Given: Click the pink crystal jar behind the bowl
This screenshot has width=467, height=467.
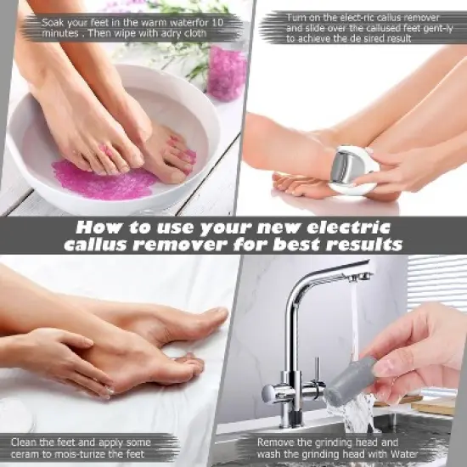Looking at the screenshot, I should click(x=227, y=72).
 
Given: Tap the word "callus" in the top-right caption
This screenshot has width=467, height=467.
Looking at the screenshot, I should click(x=376, y=16).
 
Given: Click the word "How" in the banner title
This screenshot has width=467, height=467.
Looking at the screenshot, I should click(x=97, y=228).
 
